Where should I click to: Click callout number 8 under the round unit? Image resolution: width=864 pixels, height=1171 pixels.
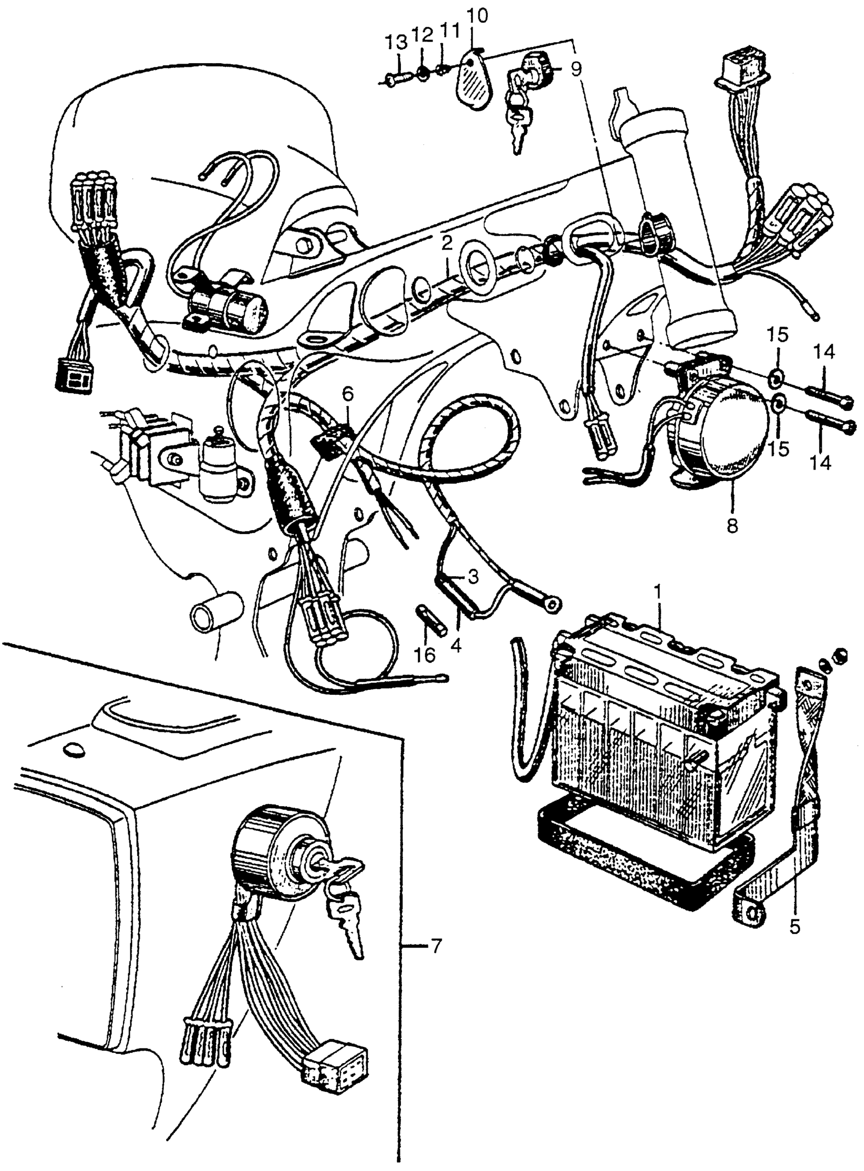pos(732,525)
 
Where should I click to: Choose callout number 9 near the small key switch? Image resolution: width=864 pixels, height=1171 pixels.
pos(576,70)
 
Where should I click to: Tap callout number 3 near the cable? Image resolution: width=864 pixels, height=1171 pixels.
pos(472,578)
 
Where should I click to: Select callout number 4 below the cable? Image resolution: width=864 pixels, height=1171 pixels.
pos(455,646)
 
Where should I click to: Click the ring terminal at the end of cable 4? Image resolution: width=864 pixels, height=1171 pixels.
pos(552,604)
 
